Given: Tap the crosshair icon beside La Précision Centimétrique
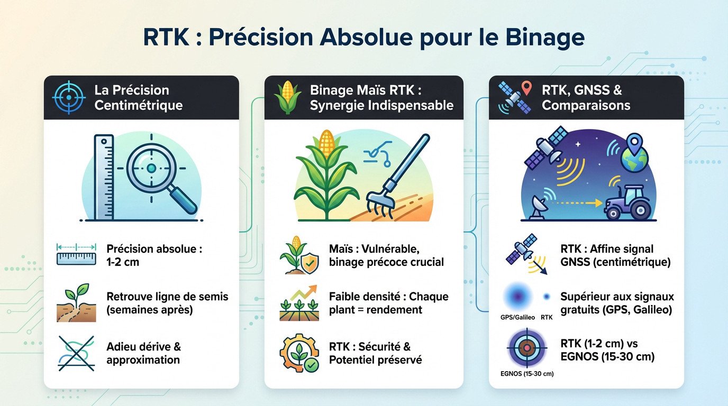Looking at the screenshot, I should coord(68,97).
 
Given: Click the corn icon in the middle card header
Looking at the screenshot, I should coord(287,97).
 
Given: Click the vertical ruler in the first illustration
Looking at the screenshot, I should coord(103,177).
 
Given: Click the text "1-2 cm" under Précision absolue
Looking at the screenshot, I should coord(123,262).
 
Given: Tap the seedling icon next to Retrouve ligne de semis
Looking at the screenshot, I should coord(76,305).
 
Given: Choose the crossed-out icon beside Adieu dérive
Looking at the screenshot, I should coord(76,353).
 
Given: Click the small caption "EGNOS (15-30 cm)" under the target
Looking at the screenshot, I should coord(526,374).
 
